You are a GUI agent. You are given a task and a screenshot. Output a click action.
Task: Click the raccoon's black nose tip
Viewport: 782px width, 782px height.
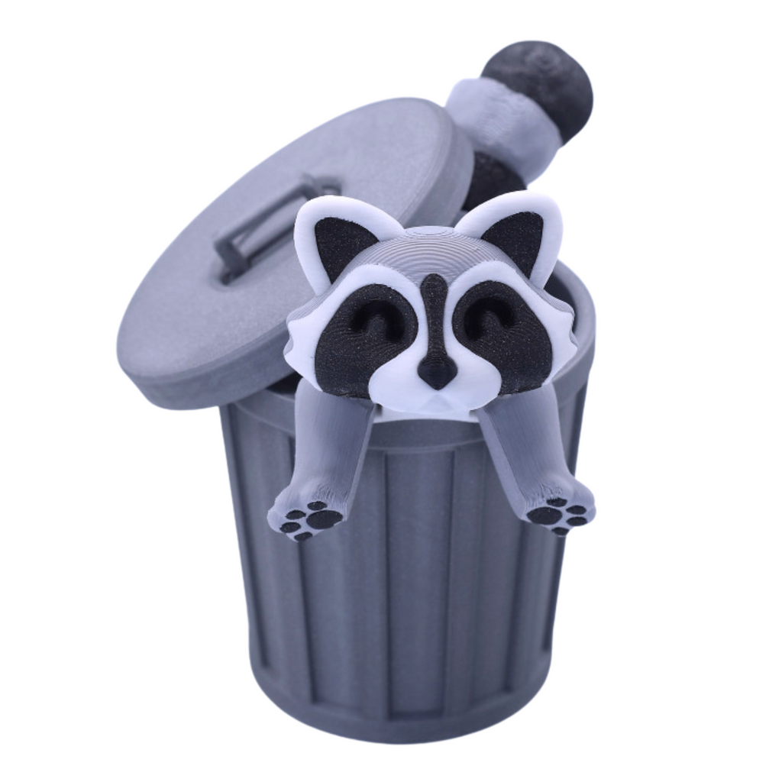[437, 371]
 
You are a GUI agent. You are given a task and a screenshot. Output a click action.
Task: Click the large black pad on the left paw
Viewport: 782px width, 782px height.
[324, 519]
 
